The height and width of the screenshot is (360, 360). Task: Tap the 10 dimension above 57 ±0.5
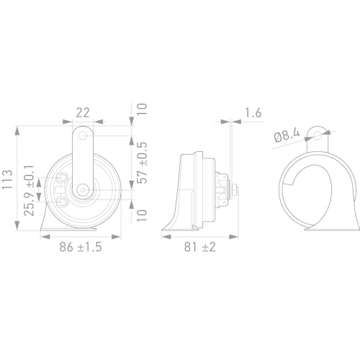pyautogui.click(x=142, y=109)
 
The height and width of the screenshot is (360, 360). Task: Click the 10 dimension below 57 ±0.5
pyautogui.click(x=142, y=215)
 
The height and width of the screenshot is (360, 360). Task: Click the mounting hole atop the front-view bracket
pyautogui.click(x=85, y=135)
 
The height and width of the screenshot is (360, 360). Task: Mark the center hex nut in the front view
pyautogui.click(x=84, y=190)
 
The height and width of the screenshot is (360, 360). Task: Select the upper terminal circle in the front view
pyautogui.click(x=63, y=179)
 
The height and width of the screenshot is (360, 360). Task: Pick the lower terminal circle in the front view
pyautogui.click(x=63, y=202)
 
